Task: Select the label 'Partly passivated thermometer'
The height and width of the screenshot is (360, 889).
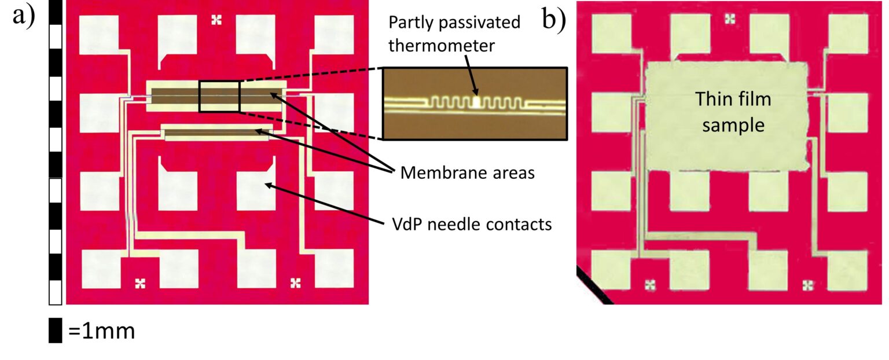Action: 453,34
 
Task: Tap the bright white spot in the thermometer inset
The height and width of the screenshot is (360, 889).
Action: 476,102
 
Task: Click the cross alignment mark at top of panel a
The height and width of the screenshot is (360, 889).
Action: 216,21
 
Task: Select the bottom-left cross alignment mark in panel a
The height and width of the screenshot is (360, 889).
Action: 139,283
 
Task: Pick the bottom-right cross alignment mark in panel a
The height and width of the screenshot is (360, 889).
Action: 295,283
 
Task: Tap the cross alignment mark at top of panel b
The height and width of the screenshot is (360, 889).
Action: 730,18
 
